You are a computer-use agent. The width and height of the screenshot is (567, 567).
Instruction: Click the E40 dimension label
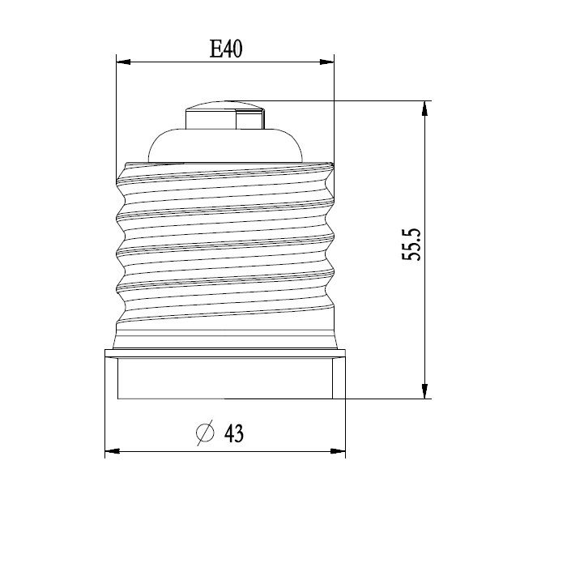pyautogui.click(x=227, y=49)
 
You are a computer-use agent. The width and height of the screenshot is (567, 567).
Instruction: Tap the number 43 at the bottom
pyautogui.click(x=233, y=434)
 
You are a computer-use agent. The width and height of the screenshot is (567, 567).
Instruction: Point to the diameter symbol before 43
pyautogui.click(x=205, y=434)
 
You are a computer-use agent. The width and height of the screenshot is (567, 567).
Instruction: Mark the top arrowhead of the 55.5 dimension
pyautogui.click(x=424, y=108)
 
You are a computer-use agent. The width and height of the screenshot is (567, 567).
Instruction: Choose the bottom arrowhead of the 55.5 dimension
pyautogui.click(x=424, y=392)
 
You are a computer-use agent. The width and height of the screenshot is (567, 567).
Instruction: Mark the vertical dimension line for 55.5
pyautogui.click(x=424, y=202)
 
